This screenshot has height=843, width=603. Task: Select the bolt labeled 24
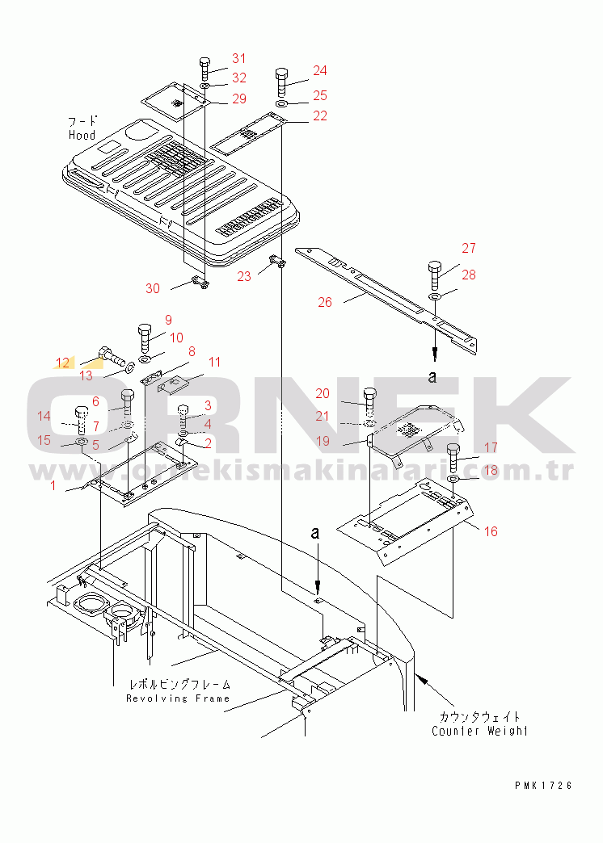coord(280,82)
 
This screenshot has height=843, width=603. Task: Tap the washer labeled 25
coord(280,105)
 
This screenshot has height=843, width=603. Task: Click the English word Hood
coord(82,136)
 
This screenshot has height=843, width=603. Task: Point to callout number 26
coord(324,303)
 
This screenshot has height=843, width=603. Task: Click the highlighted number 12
coord(62,362)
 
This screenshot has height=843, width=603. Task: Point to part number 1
coord(53,485)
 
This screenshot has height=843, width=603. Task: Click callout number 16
coord(491,531)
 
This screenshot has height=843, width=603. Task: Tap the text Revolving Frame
coord(178,698)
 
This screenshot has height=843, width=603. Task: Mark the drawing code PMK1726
coord(542,785)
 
